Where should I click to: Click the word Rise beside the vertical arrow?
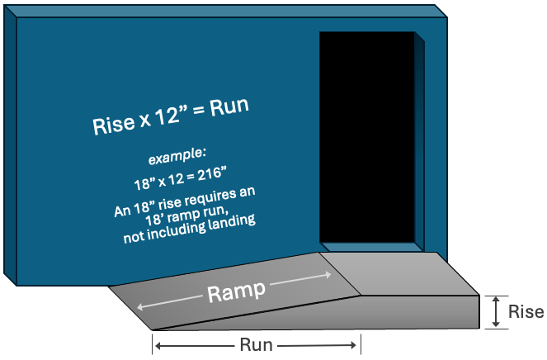526,312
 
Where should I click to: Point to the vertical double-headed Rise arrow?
495,312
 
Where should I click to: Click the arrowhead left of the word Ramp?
140,307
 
